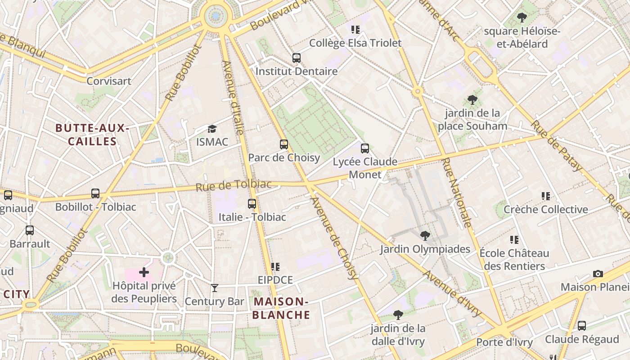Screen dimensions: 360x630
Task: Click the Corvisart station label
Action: tap(109, 81)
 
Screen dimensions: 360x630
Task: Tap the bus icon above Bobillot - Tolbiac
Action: tap(95, 193)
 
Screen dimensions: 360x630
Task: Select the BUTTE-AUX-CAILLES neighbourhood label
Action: tap(92, 135)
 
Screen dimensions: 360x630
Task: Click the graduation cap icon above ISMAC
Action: tap(212, 129)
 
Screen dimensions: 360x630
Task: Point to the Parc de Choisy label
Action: tap(284, 157)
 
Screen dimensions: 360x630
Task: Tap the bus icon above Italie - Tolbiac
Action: tap(252, 204)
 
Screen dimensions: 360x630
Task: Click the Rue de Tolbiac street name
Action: tap(234, 185)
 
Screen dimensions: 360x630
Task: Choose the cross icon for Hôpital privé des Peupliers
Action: tap(144, 272)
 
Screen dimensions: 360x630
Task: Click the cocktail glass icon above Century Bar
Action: tap(215, 288)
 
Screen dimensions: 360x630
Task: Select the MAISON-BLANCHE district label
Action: tap(281, 308)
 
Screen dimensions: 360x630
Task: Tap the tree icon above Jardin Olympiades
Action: tap(425, 236)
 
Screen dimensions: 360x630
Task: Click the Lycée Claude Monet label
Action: tap(365, 168)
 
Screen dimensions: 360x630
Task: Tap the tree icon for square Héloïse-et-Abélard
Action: tap(522, 18)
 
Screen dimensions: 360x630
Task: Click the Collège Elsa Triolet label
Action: tap(355, 43)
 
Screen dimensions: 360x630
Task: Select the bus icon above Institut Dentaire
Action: tap(297, 58)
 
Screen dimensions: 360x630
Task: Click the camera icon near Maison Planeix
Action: tap(598, 274)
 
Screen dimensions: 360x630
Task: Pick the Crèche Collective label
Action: tap(545, 209)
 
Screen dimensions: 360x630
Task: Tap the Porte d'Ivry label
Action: tap(504, 342)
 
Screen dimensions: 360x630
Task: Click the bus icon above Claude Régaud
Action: tap(582, 326)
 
